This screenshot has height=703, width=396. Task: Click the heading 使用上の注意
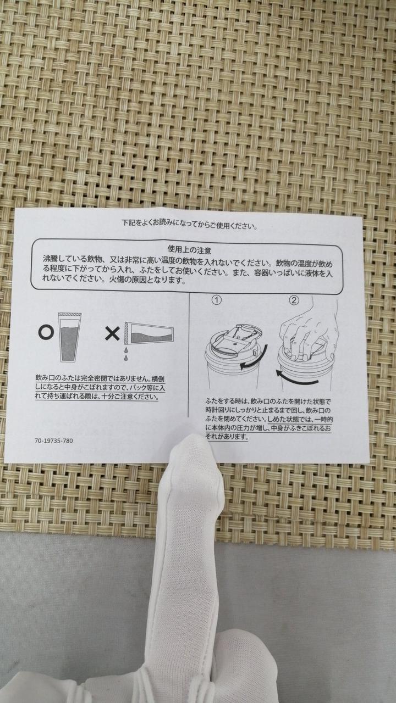point(189,250)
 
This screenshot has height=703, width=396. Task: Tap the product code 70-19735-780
point(54,440)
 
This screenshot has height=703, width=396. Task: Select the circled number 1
point(217,300)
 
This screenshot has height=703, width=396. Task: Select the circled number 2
point(294,300)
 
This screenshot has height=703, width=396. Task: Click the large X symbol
point(112,333)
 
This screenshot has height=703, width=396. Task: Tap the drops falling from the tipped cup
point(126,353)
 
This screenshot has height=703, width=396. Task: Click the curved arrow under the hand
point(297,380)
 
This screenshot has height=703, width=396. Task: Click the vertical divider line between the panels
point(188,355)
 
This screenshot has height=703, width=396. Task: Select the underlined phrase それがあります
point(227,436)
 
